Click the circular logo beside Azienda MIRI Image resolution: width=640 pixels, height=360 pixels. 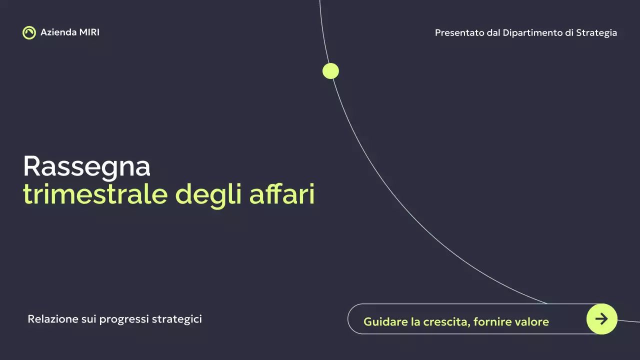click(x=29, y=32)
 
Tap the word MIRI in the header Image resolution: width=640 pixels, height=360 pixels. click(x=89, y=32)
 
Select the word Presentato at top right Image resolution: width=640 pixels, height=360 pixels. click(x=459, y=33)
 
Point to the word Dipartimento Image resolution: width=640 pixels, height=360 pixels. click(x=532, y=33)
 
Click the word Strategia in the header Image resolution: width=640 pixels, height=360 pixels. click(x=596, y=33)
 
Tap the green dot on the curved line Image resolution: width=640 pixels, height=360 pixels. click(x=330, y=71)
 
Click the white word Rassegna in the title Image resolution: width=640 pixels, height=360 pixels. click(x=86, y=166)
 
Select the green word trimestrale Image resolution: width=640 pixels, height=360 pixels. click(x=95, y=194)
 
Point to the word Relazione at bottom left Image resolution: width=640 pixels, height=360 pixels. click(x=52, y=319)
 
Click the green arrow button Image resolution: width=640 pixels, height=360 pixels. click(x=601, y=318)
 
